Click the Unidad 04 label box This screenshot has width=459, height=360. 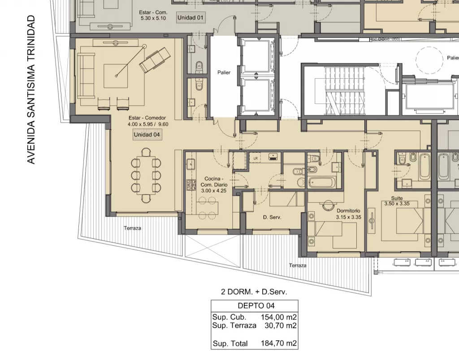click(147, 135)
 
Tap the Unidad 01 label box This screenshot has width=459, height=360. click(190, 17)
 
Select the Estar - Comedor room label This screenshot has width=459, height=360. click(147, 121)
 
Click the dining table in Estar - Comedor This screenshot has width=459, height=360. click(146, 175)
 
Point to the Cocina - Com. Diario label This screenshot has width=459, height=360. click(214, 184)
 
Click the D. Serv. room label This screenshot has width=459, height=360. click(272, 217)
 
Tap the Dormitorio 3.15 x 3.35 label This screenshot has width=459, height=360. click(348, 214)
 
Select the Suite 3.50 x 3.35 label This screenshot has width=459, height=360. click(397, 201)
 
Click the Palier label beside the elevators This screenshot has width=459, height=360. click(224, 73)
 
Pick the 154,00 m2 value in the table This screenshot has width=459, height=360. click(279, 317)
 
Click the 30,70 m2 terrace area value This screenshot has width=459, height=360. click(281, 326)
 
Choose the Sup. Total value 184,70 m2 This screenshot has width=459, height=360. click(279, 343)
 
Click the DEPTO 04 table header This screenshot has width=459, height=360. click(256, 306)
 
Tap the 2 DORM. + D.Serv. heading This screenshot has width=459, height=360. click(254, 291)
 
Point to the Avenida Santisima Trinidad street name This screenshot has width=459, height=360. click(31, 90)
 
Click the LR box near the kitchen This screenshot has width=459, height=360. click(255, 158)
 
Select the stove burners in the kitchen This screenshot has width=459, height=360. click(191, 185)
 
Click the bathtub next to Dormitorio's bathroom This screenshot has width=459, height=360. click(322, 183)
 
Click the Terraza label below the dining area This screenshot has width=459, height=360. click(132, 228)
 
